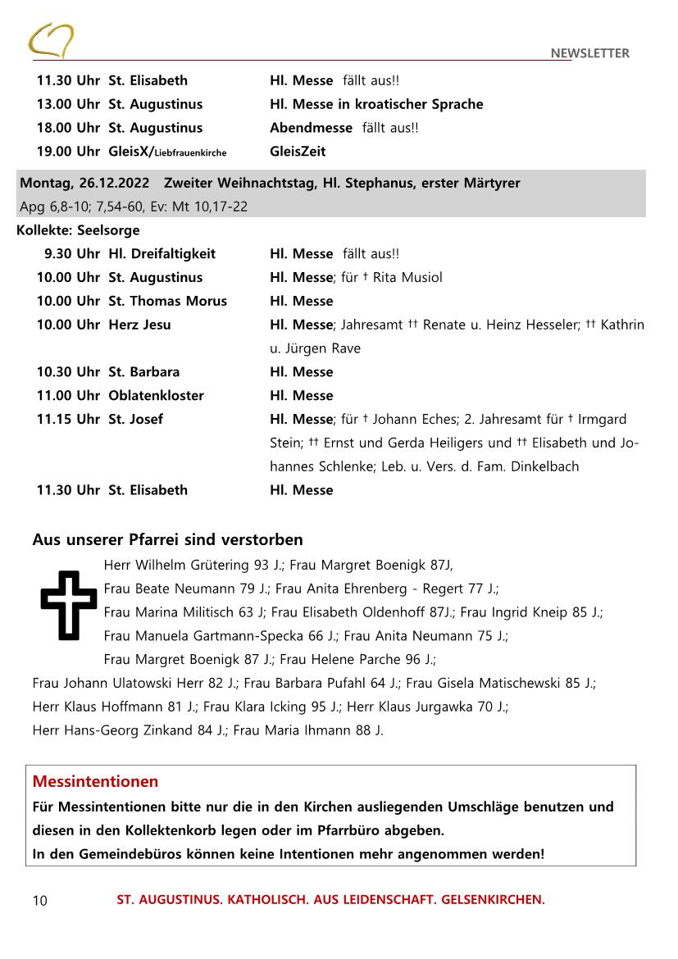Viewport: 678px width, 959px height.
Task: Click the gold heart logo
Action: click(x=51, y=40)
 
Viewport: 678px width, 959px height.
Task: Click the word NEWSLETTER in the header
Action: click(x=589, y=53)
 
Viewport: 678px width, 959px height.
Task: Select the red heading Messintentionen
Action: click(x=95, y=781)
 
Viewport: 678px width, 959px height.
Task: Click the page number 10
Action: click(x=40, y=901)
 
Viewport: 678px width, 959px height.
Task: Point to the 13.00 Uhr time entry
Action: click(x=67, y=104)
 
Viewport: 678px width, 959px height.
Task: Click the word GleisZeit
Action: click(x=298, y=152)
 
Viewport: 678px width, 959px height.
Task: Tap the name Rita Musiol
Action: click(x=407, y=277)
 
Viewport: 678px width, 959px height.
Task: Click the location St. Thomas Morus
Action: click(x=167, y=301)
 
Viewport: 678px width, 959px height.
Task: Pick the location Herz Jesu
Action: click(x=139, y=325)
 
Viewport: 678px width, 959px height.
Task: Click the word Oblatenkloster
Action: click(x=156, y=395)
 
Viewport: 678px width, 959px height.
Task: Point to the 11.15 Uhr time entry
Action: click(x=67, y=419)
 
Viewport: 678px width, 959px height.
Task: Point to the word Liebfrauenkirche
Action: click(x=190, y=152)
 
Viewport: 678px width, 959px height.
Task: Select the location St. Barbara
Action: click(x=143, y=371)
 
